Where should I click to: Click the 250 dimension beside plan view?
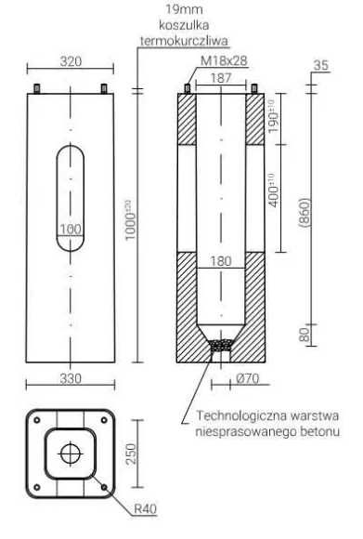(131, 454)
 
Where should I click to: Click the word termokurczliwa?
(184, 41)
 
